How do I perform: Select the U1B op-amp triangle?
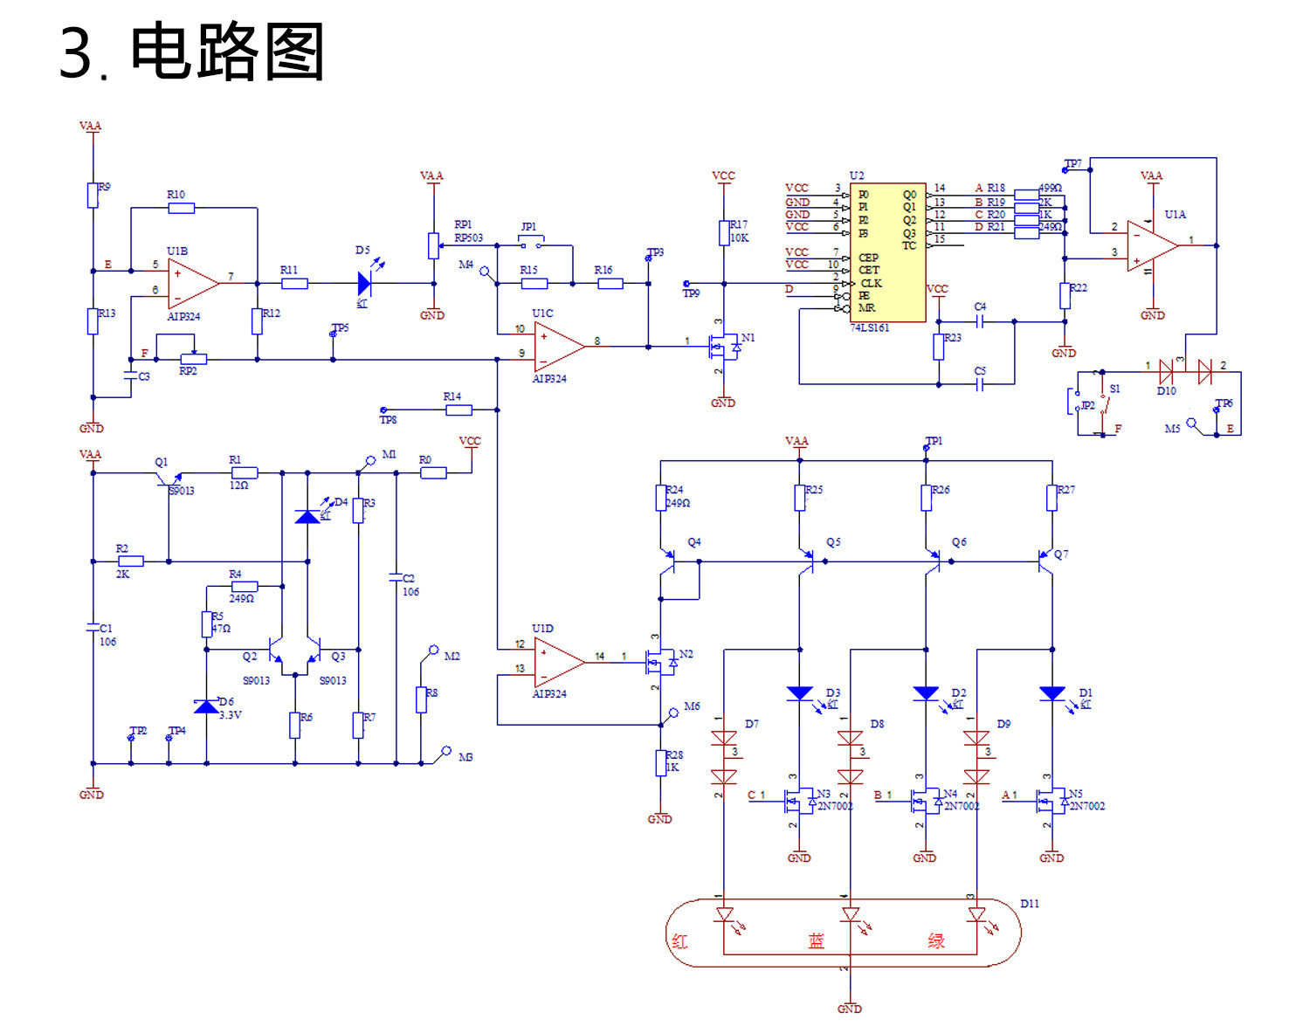(192, 284)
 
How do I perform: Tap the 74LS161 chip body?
(887, 252)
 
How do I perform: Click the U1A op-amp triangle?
(1151, 246)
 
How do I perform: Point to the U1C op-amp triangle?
(558, 347)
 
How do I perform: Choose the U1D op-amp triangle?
(558, 662)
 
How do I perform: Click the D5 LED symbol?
(365, 283)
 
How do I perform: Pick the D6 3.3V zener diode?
(206, 706)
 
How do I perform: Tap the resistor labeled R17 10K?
(723, 233)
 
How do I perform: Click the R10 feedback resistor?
(181, 208)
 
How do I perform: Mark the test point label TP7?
(1073, 164)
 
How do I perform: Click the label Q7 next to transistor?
(1061, 554)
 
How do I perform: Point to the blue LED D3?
(799, 693)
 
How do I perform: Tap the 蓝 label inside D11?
(816, 941)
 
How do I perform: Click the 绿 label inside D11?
(936, 941)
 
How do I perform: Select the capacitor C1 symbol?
(93, 628)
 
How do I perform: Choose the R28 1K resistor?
(661, 762)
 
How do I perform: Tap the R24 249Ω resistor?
(661, 498)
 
